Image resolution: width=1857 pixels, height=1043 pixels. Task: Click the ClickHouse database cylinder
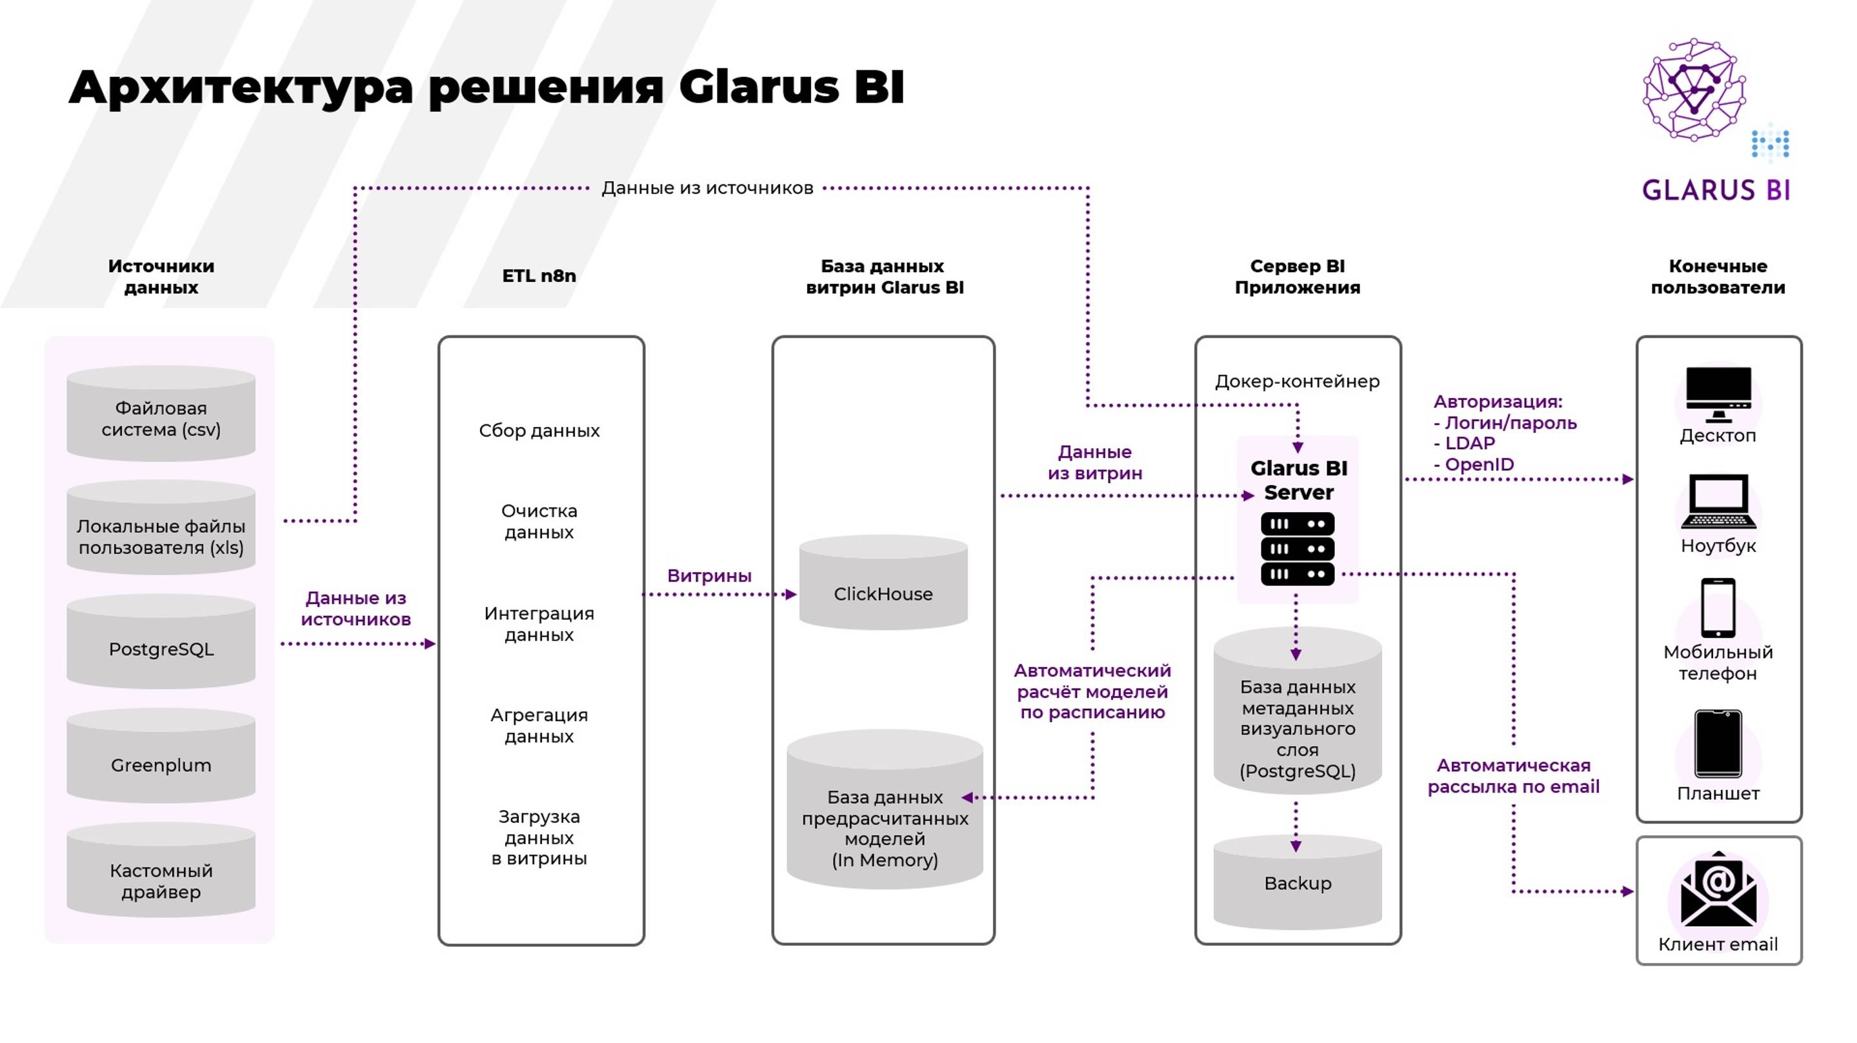click(883, 584)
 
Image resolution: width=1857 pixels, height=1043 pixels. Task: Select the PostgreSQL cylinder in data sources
click(161, 644)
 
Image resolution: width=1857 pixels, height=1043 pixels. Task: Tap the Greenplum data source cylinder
click(161, 759)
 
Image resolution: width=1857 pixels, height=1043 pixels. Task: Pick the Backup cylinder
click(1298, 883)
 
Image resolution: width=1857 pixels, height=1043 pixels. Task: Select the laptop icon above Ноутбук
click(1718, 502)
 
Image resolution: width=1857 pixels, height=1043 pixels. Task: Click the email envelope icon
click(1718, 891)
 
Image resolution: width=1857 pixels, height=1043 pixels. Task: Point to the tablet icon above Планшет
click(1718, 744)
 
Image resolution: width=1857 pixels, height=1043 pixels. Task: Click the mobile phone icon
click(1718, 608)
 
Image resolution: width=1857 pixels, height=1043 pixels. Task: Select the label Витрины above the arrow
click(708, 576)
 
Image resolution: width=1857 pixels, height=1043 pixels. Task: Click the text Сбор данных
click(539, 430)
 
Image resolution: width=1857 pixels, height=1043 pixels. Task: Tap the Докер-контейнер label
click(1297, 381)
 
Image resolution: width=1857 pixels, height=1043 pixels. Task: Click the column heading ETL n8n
click(539, 276)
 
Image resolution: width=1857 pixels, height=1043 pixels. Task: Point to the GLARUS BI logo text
click(1716, 190)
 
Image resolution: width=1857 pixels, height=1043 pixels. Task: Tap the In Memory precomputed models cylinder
click(885, 815)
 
